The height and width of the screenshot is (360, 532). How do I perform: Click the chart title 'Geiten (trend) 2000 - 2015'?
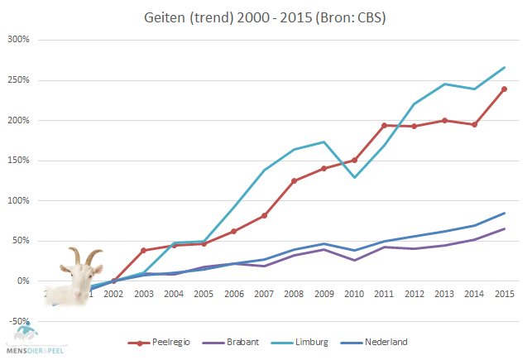[266, 16]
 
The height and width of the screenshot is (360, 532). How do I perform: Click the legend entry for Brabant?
[243, 341]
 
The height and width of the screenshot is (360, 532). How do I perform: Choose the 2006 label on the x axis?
[233, 294]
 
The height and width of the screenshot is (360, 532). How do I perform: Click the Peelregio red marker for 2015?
[504, 89]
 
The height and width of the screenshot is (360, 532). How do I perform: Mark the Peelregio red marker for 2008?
[295, 181]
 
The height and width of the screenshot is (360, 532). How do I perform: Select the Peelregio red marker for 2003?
[143, 250]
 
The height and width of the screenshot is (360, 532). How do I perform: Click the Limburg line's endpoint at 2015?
[504, 67]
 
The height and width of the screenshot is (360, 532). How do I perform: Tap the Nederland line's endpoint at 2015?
[504, 214]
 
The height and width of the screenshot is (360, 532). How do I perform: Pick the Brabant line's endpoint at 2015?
[504, 229]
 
